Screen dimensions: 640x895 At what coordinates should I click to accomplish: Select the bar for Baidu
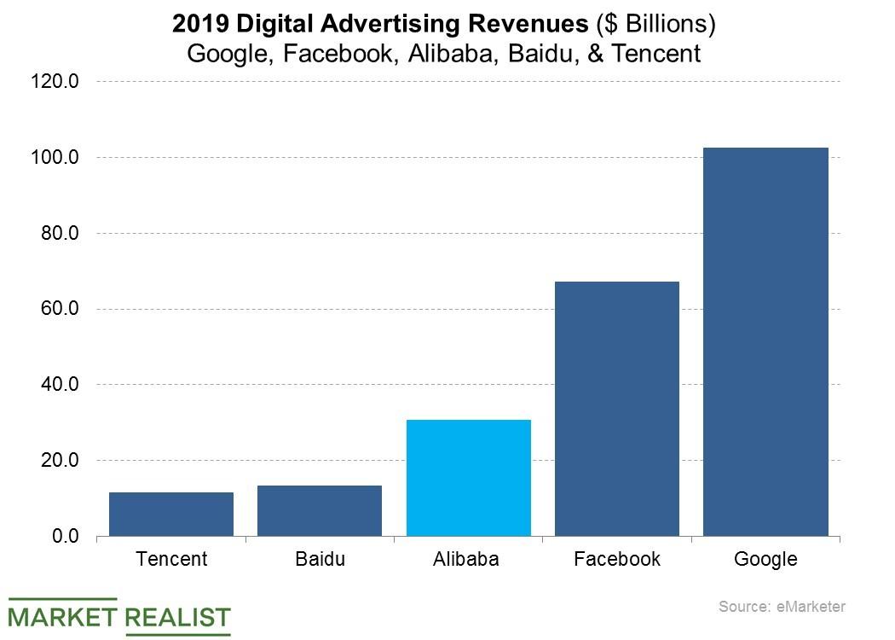[x=320, y=510]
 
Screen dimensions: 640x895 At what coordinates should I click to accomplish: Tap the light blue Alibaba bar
[x=468, y=478]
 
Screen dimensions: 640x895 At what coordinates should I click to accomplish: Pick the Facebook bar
[x=616, y=409]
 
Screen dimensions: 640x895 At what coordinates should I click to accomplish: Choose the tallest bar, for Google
[x=765, y=341]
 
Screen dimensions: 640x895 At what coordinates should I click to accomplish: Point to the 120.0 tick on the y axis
[x=56, y=82]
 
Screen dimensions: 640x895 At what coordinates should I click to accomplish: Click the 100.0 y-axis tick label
[x=56, y=158]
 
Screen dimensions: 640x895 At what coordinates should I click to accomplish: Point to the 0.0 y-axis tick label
[x=65, y=536]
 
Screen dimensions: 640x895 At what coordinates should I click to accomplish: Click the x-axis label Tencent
[x=171, y=560]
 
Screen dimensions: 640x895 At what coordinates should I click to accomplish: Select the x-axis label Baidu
[x=320, y=560]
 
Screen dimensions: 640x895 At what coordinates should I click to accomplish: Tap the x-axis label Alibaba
[x=468, y=560]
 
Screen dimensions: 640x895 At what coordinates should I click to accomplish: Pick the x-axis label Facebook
[x=616, y=560]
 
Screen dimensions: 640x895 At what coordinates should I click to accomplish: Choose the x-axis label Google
[x=765, y=560]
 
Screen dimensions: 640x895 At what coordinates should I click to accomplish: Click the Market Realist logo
[x=119, y=616]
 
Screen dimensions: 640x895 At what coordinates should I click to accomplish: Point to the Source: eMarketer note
[x=782, y=607]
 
